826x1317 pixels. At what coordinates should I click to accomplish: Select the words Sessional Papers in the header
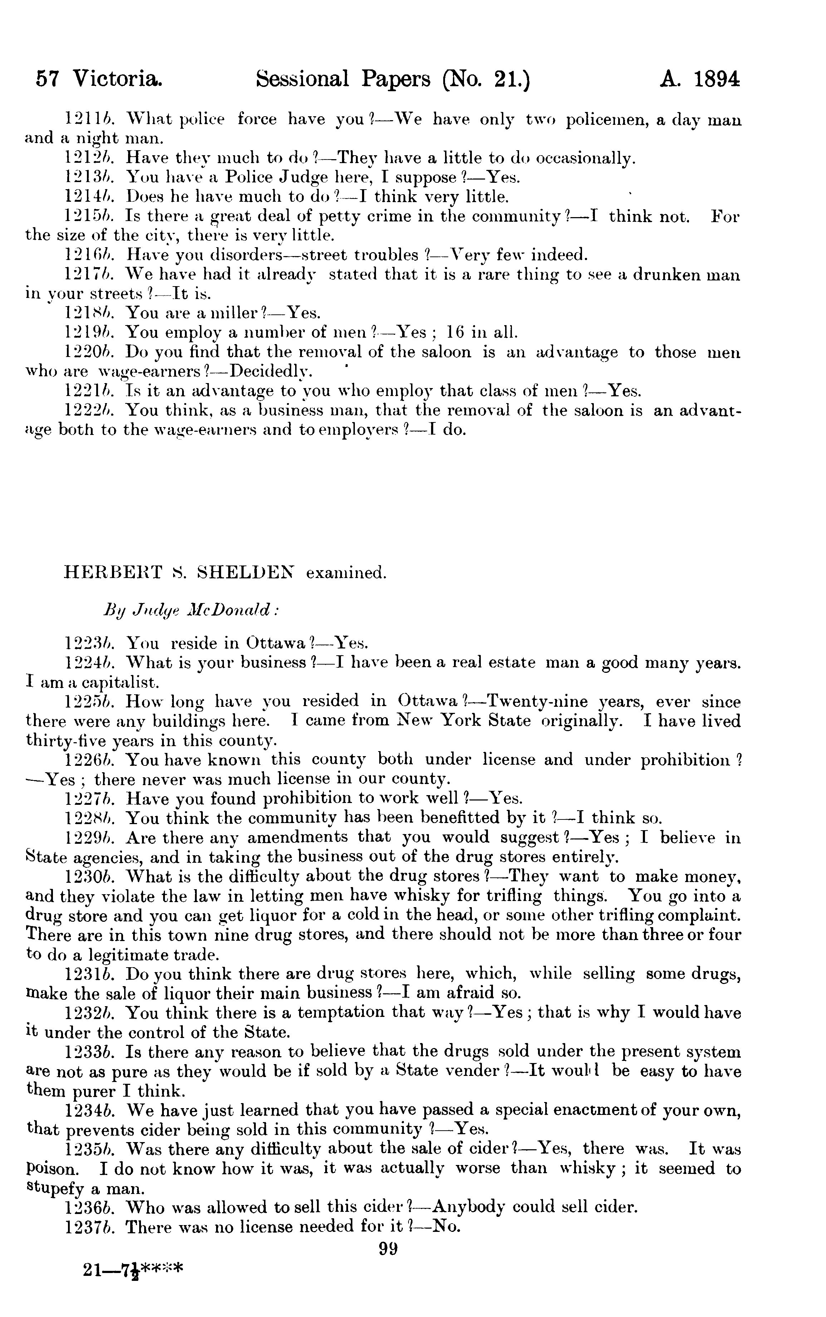343,80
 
